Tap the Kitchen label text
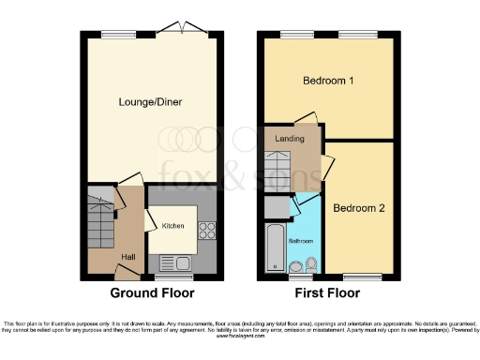(x=173, y=226)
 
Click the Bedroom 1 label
(x=328, y=82)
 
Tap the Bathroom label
(x=300, y=241)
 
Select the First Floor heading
(x=327, y=293)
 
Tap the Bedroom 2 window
(x=362, y=277)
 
